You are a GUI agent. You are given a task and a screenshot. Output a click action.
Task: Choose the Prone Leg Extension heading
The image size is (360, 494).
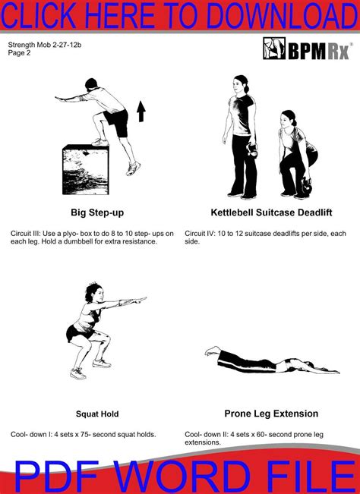tap(271, 414)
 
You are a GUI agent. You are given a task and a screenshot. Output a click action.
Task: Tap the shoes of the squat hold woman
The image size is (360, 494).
tap(77, 373)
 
